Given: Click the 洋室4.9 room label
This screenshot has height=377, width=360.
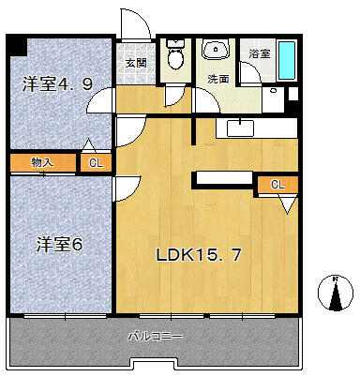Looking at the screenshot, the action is point(57,83).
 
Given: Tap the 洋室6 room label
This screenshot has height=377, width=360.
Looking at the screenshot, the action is point(59,245).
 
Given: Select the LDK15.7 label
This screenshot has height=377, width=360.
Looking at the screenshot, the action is point(199,255).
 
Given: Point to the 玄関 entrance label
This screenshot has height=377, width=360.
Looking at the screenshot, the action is point(136,64).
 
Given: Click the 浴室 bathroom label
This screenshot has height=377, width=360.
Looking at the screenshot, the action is point(260,53).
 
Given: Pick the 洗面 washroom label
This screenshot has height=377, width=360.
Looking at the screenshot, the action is point(218,79).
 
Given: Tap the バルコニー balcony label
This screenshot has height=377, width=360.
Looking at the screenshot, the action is point(156,337).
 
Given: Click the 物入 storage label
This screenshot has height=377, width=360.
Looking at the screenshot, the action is point(42,162).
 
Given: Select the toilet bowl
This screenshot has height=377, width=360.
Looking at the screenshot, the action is point(175,55).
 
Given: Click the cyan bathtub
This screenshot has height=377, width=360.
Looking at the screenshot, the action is point(287,60).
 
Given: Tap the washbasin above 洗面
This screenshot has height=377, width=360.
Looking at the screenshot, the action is point(216,49).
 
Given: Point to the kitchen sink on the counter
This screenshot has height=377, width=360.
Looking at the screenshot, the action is point(240,128).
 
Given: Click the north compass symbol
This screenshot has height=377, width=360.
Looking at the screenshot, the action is point(336,294).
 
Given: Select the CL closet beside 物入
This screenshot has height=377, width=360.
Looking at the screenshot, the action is point(96,163).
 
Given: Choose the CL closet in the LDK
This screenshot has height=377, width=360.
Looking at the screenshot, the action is point(277,185).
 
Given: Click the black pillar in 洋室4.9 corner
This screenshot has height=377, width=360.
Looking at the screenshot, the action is point(17,45).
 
